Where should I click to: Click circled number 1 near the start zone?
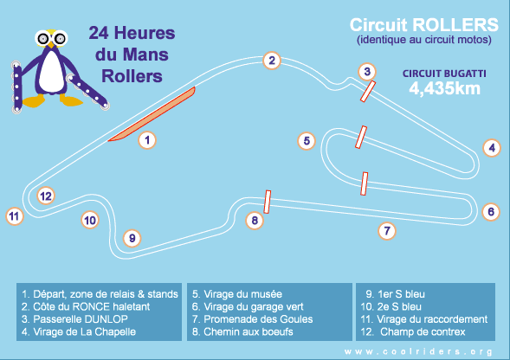[147, 140]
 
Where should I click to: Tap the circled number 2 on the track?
[272, 61]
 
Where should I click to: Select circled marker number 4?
[492, 148]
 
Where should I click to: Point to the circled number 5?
[307, 141]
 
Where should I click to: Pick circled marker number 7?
[387, 231]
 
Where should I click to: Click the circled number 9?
[132, 238]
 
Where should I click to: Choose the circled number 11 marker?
[15, 216]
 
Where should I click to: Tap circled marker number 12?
[46, 196]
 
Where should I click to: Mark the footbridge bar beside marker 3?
[368, 92]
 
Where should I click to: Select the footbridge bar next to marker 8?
[268, 202]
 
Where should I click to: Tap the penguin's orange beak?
[51, 44]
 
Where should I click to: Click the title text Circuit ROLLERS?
[423, 25]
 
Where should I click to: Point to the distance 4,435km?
[444, 88]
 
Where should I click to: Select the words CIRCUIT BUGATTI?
[444, 74]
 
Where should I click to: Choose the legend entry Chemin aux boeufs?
[242, 331]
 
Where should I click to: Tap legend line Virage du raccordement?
[423, 319]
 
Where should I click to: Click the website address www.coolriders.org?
[418, 351]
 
